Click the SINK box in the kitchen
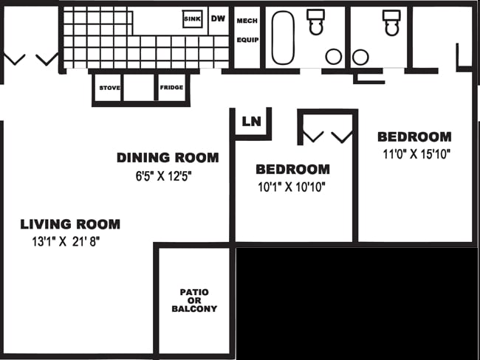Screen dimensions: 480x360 tap(192, 19)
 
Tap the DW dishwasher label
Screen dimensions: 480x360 tap(218, 18)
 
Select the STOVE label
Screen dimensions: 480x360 tap(109, 88)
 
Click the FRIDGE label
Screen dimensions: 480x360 tap(171, 88)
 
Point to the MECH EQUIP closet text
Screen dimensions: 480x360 tap(247, 30)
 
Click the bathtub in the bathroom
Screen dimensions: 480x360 tap(283, 38)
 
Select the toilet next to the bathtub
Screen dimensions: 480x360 tap(316, 21)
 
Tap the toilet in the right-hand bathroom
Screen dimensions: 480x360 tap(391, 23)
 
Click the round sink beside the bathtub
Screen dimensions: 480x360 tap(334, 57)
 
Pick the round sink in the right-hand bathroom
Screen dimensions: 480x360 tap(360, 58)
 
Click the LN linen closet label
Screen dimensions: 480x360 tap(251, 122)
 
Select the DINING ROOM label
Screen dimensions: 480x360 tap(168, 158)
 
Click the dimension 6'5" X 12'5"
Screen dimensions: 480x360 tap(164, 176)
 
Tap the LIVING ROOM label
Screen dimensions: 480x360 tap(70, 224)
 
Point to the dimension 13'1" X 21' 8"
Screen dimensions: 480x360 tap(66, 242)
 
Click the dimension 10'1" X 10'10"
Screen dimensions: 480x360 tap(292, 187)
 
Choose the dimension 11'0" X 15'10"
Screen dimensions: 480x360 tap(416, 154)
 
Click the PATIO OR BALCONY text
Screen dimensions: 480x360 tap(194, 300)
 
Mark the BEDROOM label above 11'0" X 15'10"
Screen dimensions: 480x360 tap(414, 136)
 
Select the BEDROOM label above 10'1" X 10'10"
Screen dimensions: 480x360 tap(293, 170)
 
